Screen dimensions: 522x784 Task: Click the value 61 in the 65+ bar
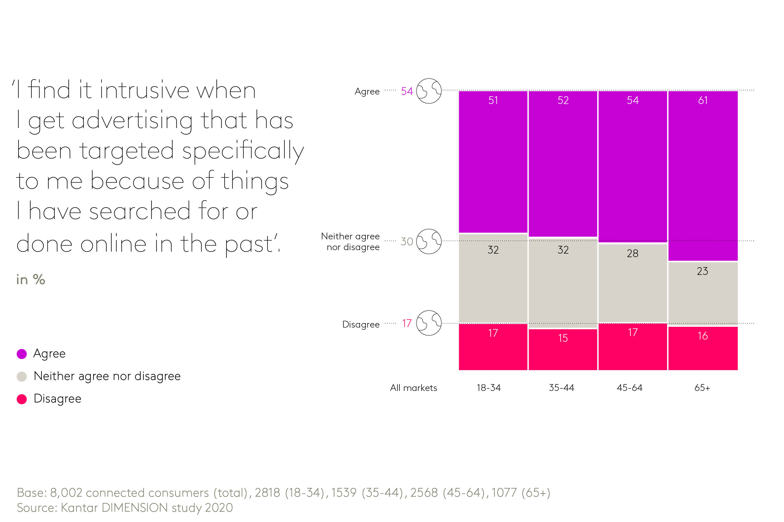point(702,100)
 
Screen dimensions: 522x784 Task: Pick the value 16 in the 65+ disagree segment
point(702,336)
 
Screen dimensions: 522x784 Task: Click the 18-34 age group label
point(488,387)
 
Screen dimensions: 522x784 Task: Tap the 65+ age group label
point(702,387)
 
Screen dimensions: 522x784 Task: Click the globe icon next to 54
point(429,91)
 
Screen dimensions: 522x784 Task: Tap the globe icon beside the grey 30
point(429,241)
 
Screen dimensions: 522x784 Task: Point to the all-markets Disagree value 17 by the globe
point(406,323)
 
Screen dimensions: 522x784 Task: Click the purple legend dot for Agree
point(22,354)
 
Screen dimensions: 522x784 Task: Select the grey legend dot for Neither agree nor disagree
point(22,376)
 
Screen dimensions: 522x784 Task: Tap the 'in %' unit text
point(31,280)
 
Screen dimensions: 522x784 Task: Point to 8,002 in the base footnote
point(65,493)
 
